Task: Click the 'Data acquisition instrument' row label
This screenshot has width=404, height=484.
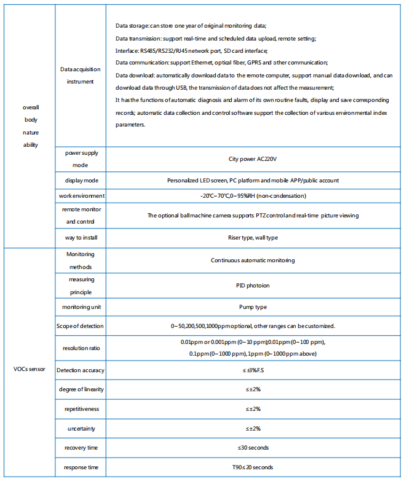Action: [x=80, y=76]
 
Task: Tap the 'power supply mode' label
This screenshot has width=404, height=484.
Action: [x=80, y=159]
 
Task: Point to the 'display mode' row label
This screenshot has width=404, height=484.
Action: [x=80, y=181]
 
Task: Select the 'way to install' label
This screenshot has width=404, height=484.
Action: [x=80, y=237]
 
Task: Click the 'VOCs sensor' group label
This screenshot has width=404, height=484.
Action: [x=30, y=370]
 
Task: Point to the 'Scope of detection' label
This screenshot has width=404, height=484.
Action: [x=80, y=326]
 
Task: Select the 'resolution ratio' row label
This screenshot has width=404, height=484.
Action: [x=80, y=348]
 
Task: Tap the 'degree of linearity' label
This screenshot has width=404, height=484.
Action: [x=80, y=389]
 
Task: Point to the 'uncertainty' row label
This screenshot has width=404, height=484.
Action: [x=80, y=428]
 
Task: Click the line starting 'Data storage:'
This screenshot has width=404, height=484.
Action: [x=191, y=26]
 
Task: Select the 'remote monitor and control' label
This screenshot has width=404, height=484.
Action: [x=80, y=216]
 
